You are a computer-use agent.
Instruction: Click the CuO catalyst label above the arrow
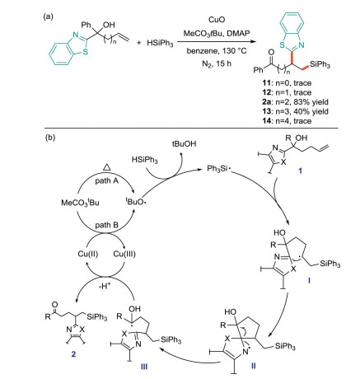217,20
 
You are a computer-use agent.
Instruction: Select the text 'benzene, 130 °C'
217,51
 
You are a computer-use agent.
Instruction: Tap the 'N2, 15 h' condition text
217,63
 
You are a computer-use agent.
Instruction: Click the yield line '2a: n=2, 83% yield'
295,102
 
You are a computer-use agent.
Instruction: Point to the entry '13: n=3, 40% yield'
295,111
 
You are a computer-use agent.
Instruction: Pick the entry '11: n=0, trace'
287,83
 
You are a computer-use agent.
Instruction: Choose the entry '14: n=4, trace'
287,120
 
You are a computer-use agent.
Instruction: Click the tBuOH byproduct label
185,144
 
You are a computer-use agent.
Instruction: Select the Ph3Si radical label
218,169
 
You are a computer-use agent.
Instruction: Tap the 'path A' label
107,180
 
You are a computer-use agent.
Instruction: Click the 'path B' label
107,225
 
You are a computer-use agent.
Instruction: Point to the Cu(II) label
88,254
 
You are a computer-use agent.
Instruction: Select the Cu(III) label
124,254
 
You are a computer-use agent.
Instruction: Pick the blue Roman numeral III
144,367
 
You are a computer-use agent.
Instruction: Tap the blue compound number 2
73,354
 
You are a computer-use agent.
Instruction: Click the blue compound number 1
300,171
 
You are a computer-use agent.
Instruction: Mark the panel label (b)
49,137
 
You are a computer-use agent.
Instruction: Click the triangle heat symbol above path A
107,167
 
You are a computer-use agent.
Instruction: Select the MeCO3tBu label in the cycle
80,203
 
